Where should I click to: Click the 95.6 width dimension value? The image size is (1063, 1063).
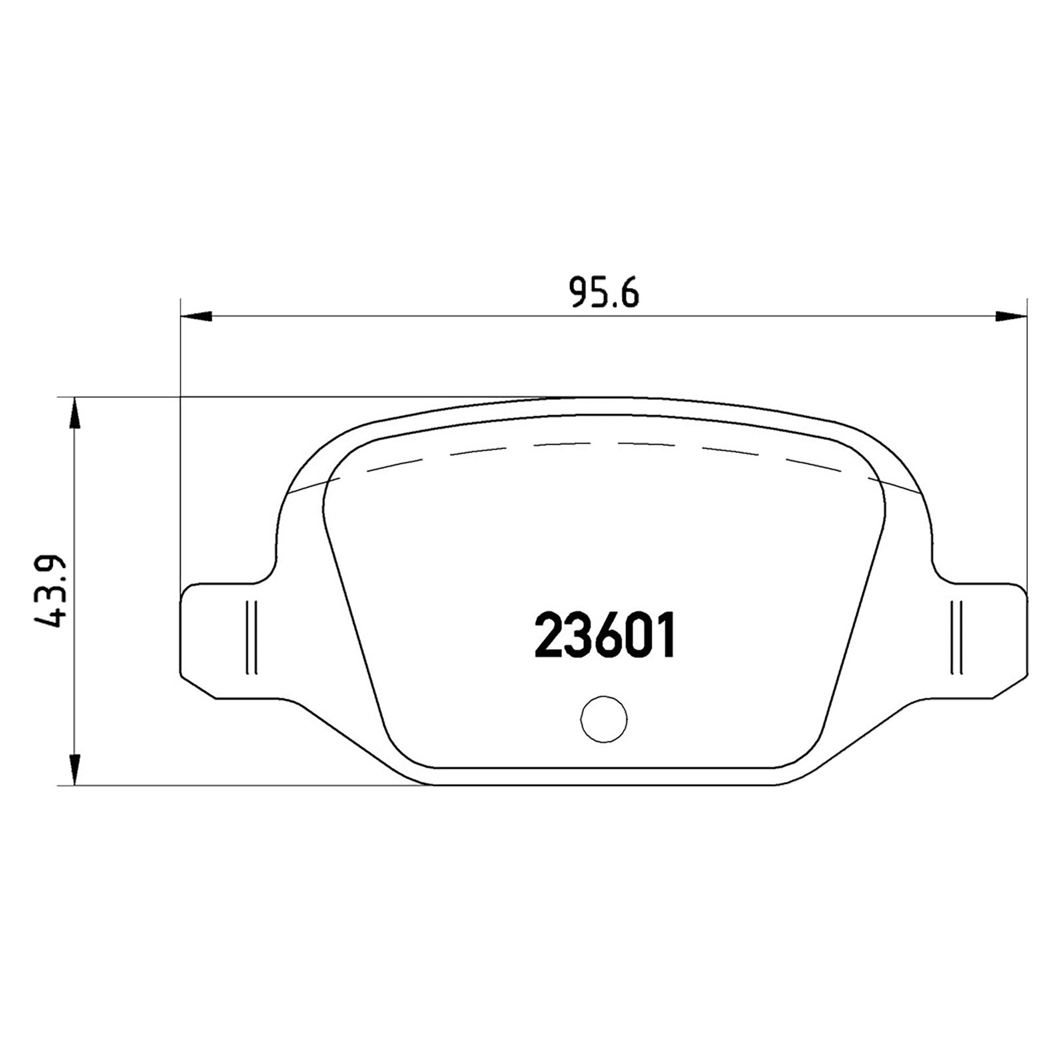coord(605,294)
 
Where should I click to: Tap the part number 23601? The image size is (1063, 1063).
coord(605,635)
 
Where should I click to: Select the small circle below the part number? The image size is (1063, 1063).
coord(603,719)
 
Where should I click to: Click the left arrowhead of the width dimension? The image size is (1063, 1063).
coord(196,316)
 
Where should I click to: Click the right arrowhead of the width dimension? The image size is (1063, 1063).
coord(1013,316)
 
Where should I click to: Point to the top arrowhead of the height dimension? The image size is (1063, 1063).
coord(75,413)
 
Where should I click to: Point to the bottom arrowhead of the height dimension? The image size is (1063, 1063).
coord(75,771)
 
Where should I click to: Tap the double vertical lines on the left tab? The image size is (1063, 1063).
coord(250,638)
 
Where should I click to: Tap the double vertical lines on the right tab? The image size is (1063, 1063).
coord(957,638)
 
